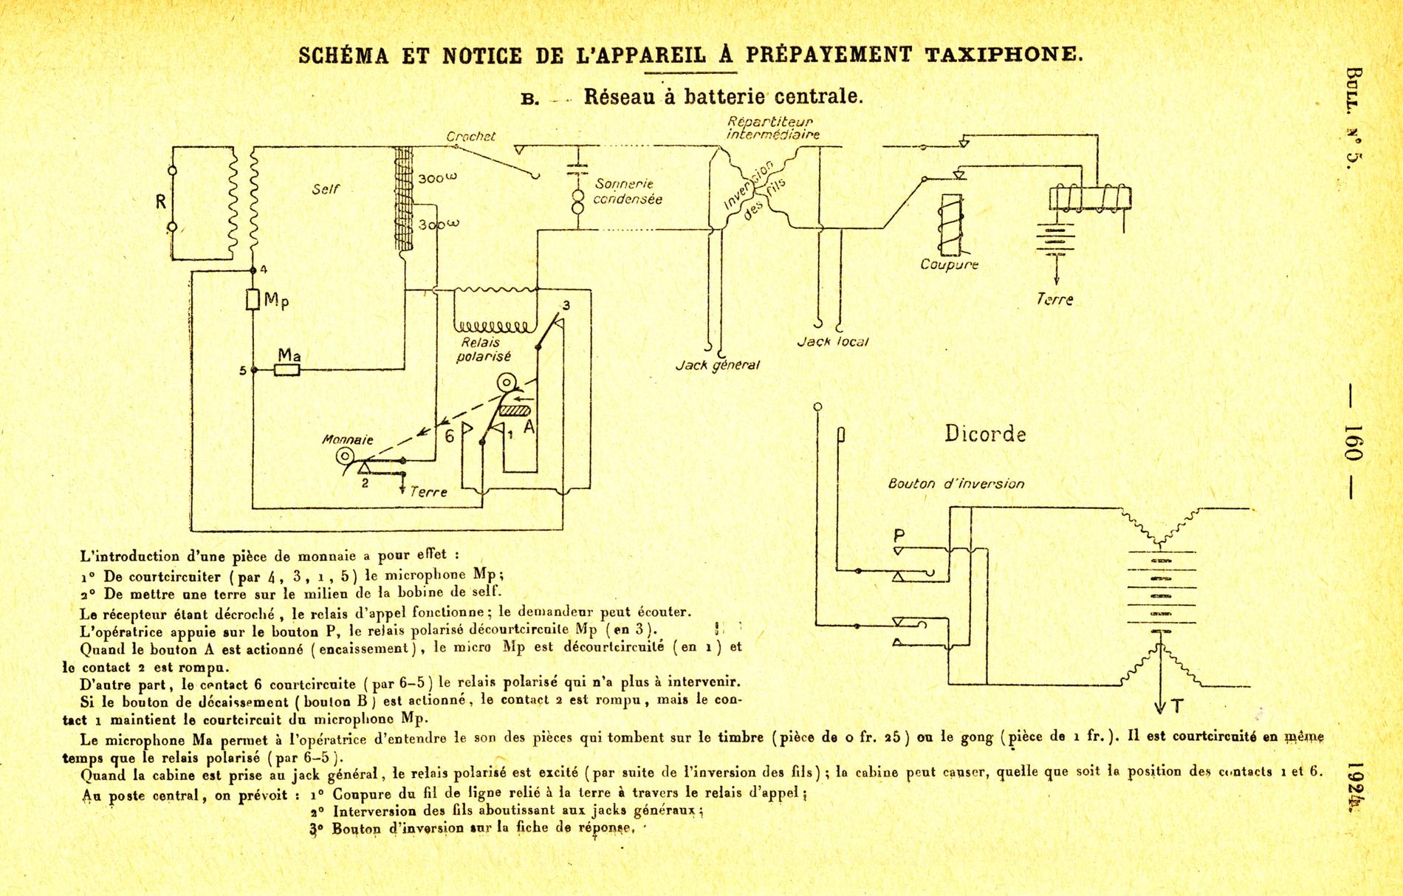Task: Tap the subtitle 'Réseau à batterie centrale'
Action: [x=723, y=97]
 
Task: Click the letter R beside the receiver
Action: [x=160, y=201]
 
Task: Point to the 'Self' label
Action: [x=326, y=189]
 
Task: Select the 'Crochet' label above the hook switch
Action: [x=470, y=137]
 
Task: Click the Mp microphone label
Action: [x=276, y=300]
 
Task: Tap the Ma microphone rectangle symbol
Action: [x=287, y=370]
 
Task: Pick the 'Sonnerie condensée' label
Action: [x=628, y=191]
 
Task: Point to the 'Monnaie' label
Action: [x=348, y=440]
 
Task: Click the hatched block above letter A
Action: [x=515, y=408]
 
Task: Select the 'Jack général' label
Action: [x=717, y=365]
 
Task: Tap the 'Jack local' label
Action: [x=833, y=342]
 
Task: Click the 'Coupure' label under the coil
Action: [x=949, y=264]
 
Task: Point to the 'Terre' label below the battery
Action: [x=1054, y=299]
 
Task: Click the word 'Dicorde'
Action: [x=985, y=434]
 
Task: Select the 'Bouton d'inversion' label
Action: [x=956, y=484]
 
